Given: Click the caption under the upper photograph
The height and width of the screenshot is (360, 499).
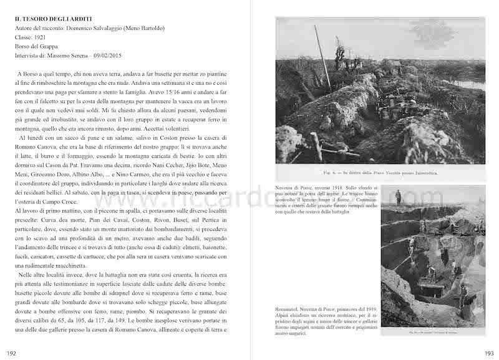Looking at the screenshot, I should point(380,173).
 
